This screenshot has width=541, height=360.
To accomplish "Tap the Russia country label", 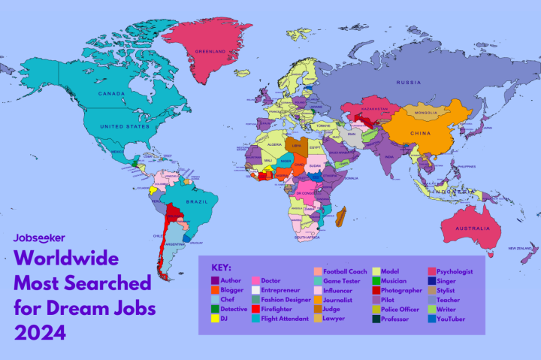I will [x=409, y=82].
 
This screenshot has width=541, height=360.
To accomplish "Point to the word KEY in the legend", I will [x=222, y=267].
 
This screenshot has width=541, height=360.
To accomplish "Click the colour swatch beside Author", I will [x=215, y=280].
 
